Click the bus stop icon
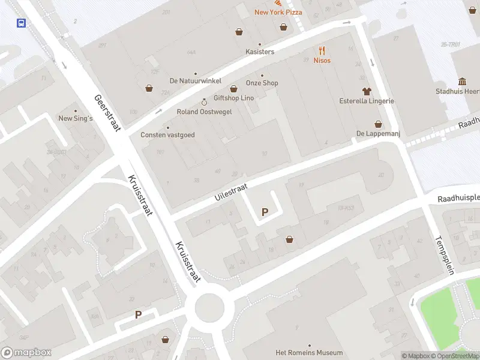click(21, 23)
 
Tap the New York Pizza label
click(278, 12)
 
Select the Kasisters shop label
click(260, 52)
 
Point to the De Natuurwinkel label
click(196, 80)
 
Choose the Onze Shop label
click(262, 83)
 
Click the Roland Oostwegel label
click(203, 112)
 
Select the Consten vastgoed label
click(167, 135)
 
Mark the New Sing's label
click(76, 118)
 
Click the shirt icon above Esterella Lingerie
click(367, 91)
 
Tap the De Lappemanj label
click(378, 133)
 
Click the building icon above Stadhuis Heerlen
click(463, 82)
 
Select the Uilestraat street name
click(231, 193)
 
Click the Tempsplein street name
click(445, 255)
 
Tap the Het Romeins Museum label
click(309, 352)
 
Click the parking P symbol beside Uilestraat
click(264, 212)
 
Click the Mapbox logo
click(26, 353)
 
